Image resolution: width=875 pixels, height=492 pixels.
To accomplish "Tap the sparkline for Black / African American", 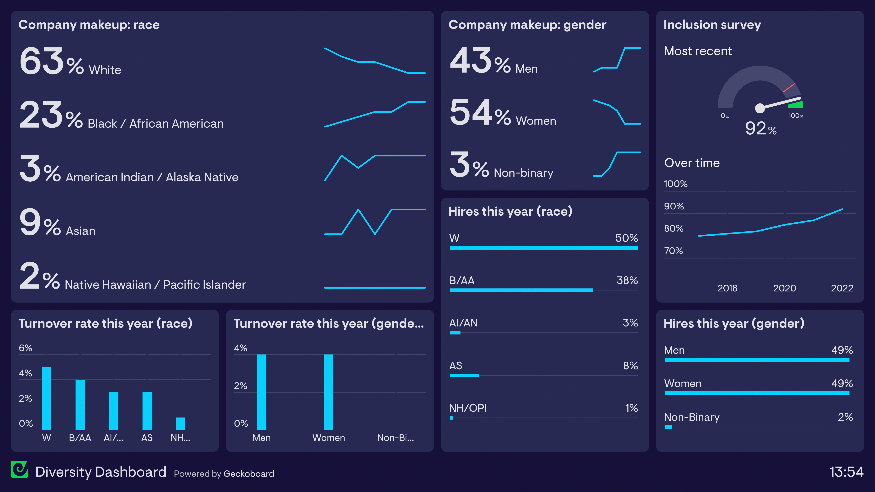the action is [x=375, y=114].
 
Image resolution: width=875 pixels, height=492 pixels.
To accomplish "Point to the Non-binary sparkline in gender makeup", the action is [x=617, y=164].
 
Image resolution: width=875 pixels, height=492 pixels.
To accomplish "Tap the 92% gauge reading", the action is [x=761, y=128].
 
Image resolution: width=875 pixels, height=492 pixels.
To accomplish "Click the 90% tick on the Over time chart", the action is [x=674, y=206].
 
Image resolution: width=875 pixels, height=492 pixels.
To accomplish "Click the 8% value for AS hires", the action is [x=630, y=366].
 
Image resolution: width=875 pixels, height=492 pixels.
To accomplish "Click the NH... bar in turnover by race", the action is [x=180, y=424].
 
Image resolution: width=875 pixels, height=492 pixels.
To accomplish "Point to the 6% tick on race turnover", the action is [x=25, y=348].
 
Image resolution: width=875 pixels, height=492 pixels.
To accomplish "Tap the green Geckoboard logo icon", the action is [x=19, y=469].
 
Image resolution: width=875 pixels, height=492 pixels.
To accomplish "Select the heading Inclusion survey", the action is [x=712, y=25].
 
